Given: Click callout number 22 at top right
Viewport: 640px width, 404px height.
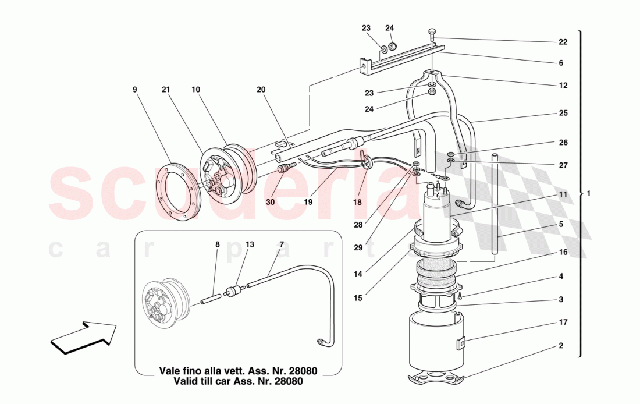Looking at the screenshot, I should [x=561, y=42].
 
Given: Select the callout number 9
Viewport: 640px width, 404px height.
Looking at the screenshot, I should [x=134, y=90].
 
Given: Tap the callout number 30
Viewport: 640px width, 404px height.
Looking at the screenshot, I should [x=269, y=202].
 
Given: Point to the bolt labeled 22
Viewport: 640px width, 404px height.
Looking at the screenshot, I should [x=432, y=33].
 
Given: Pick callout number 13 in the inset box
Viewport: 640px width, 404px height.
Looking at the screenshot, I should [x=250, y=245].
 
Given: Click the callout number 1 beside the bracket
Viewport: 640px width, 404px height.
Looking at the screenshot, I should [x=589, y=194].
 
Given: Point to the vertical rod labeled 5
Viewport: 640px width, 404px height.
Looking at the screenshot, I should [x=494, y=204].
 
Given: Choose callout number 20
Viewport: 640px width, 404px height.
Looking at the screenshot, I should [x=261, y=90].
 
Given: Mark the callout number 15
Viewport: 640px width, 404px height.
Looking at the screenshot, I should [x=358, y=298].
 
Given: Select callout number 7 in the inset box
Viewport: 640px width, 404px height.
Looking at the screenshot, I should [x=282, y=245].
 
